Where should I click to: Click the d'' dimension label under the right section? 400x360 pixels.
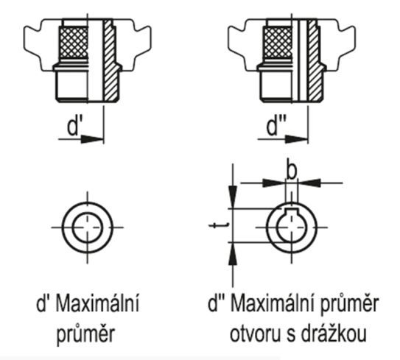[x=276, y=126]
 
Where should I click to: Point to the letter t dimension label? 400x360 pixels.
[x=218, y=225]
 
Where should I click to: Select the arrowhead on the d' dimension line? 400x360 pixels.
[x=92, y=139]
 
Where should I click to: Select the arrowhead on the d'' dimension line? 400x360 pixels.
[x=297, y=139]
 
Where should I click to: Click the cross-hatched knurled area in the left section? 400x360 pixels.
[x=74, y=42]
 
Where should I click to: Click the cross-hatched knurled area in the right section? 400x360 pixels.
[x=278, y=42]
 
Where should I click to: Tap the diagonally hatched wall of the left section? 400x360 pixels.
[x=110, y=60]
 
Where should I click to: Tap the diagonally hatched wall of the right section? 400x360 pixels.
[x=315, y=60]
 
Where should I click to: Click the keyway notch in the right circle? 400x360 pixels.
[x=292, y=211]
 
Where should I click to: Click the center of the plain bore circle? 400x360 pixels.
[x=88, y=227]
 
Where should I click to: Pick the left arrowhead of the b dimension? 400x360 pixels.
[x=274, y=183]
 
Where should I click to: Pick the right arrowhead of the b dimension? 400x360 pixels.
[x=309, y=183]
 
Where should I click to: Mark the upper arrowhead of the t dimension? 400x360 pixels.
[x=233, y=197]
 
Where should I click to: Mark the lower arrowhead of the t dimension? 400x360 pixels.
[x=232, y=254]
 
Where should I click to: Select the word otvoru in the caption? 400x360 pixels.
[x=255, y=334]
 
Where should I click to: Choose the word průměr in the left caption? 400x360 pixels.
[x=85, y=334]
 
